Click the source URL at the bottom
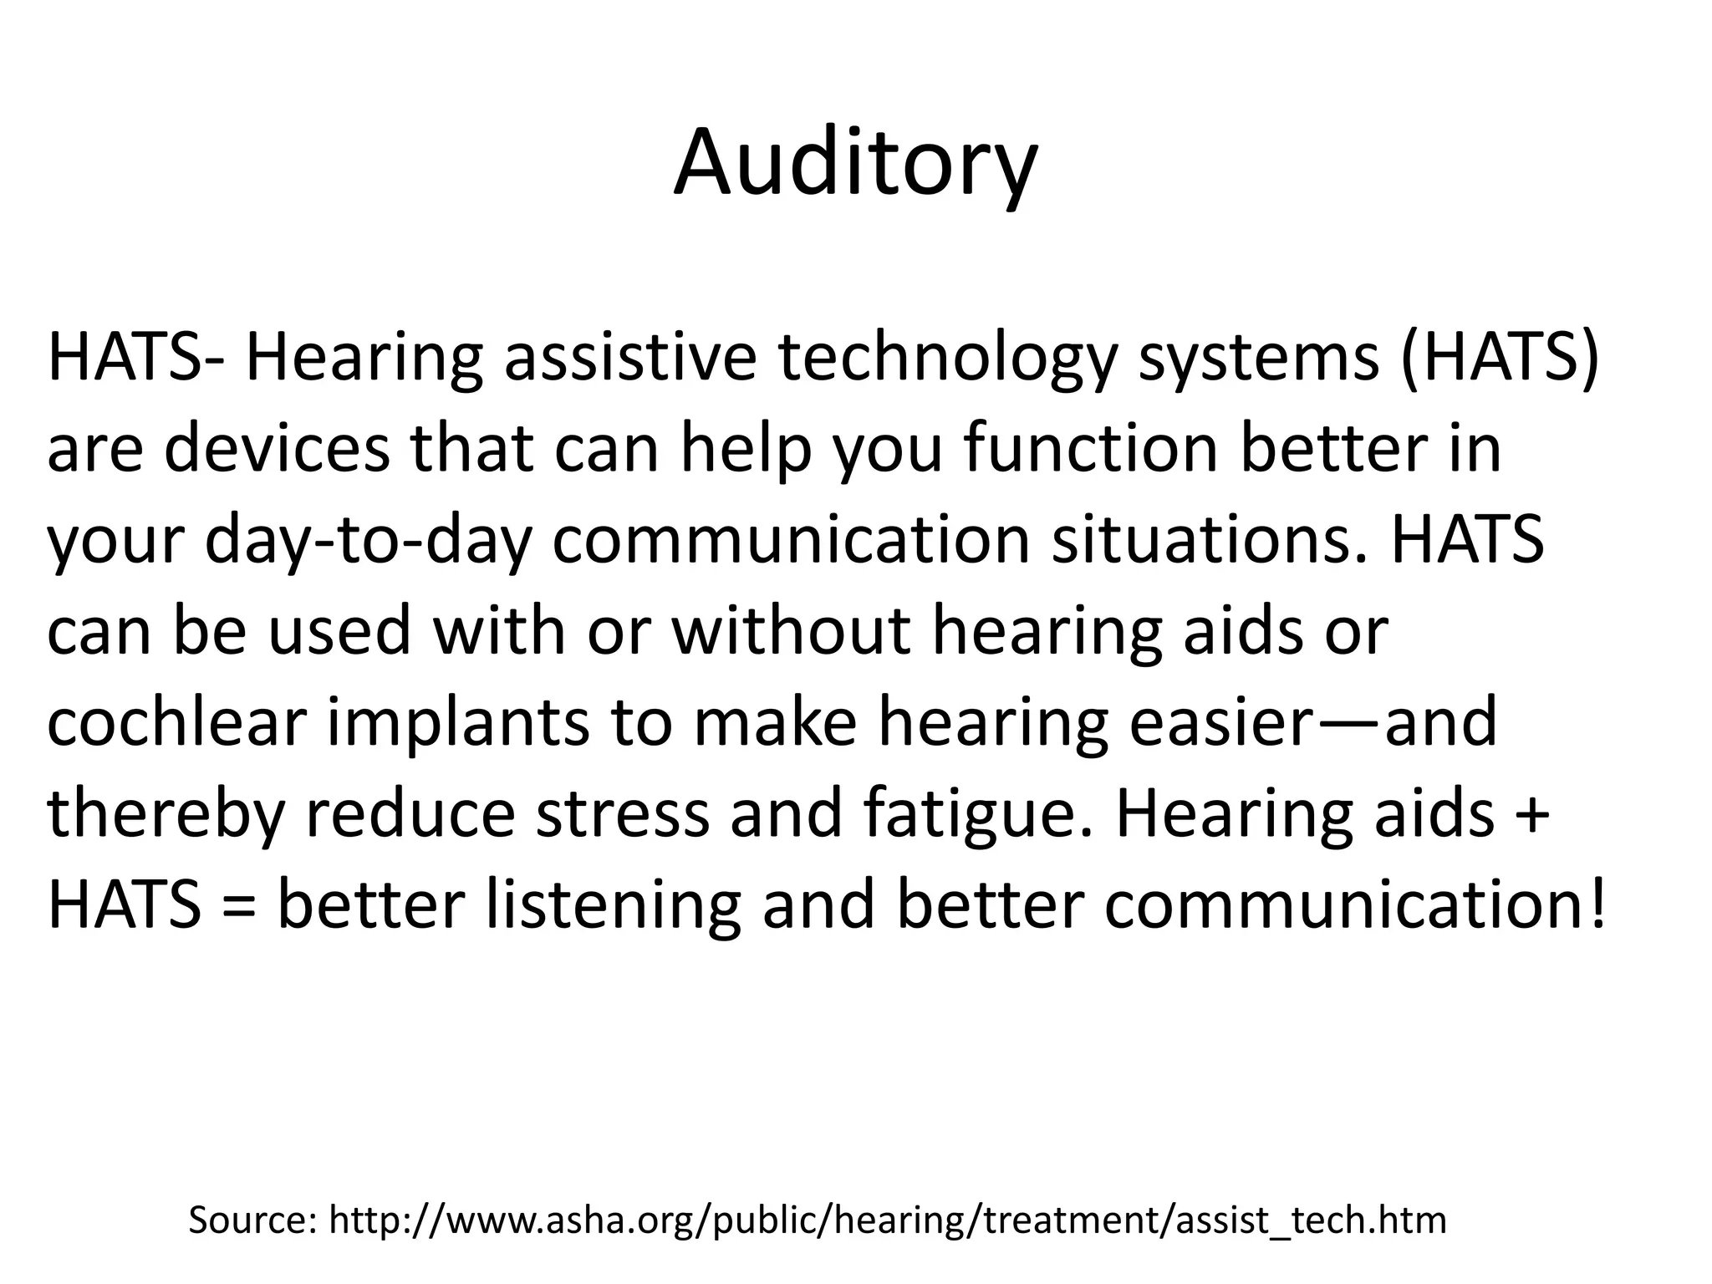click(887, 1220)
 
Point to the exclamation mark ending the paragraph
click(1597, 905)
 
